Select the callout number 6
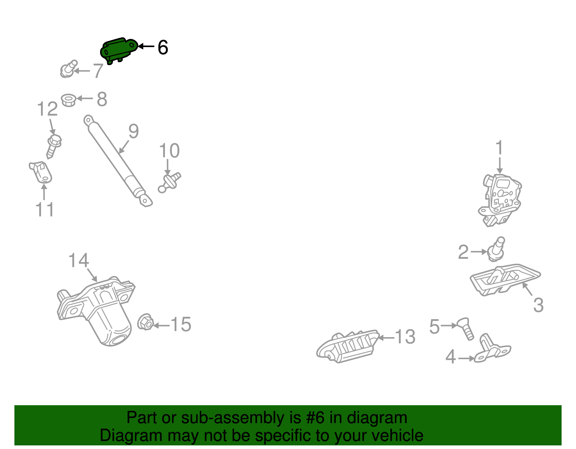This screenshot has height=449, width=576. coord(163,47)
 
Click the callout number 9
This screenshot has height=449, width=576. coord(134,131)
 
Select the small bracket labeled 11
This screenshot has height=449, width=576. coord(41,172)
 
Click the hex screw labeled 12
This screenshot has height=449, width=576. coord(54,146)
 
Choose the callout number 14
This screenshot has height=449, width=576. coord(78,260)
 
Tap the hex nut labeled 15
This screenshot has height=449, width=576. coord(145,322)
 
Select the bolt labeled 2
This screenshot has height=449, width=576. coord(496,249)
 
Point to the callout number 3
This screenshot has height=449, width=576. coord(538,305)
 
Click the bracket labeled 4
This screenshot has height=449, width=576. coord(492,348)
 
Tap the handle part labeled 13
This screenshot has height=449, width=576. coord(348,347)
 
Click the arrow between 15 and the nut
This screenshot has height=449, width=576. coord(161,325)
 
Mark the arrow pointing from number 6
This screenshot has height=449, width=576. coord(146,46)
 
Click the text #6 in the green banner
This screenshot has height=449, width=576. coord(315,418)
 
